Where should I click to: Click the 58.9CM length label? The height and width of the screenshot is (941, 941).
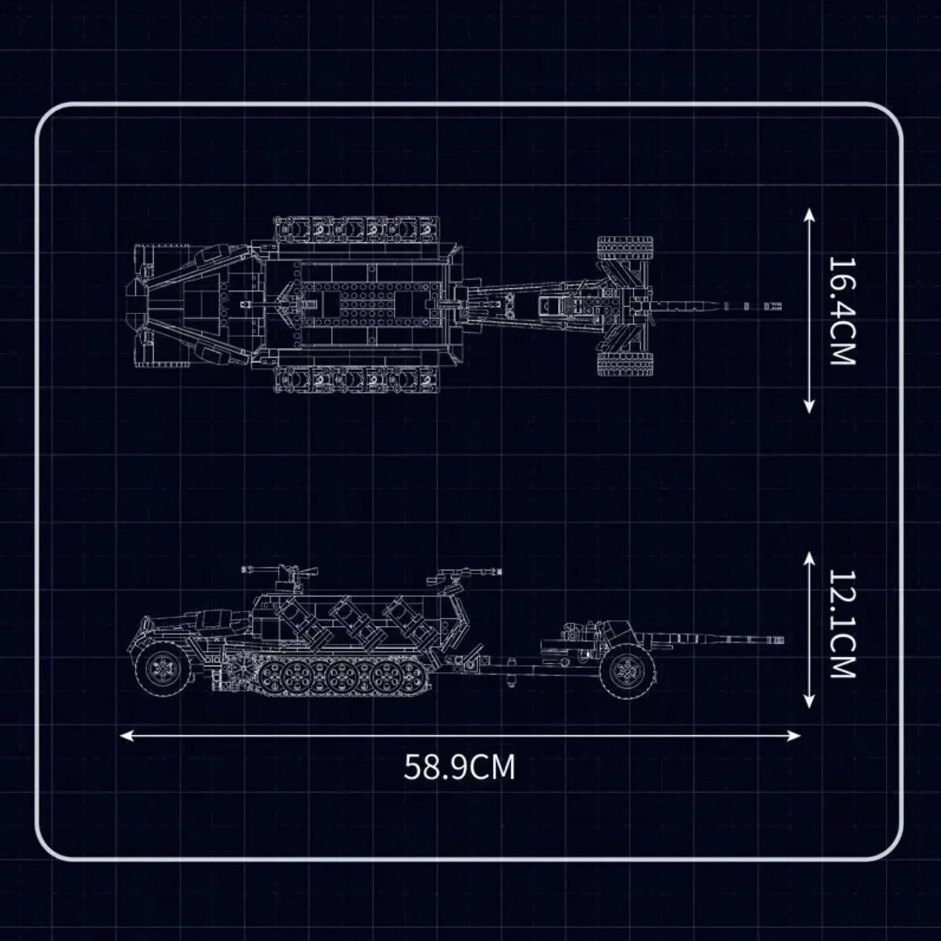click(459, 767)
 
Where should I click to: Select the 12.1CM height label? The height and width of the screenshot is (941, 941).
click(842, 624)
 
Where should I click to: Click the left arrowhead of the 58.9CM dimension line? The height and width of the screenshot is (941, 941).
click(126, 735)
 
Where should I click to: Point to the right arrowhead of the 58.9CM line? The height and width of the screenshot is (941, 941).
click(794, 735)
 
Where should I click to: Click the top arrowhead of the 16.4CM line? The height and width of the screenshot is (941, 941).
click(809, 215)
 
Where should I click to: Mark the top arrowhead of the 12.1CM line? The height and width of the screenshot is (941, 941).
click(809, 559)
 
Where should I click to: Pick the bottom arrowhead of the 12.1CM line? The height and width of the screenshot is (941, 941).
click(809, 701)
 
